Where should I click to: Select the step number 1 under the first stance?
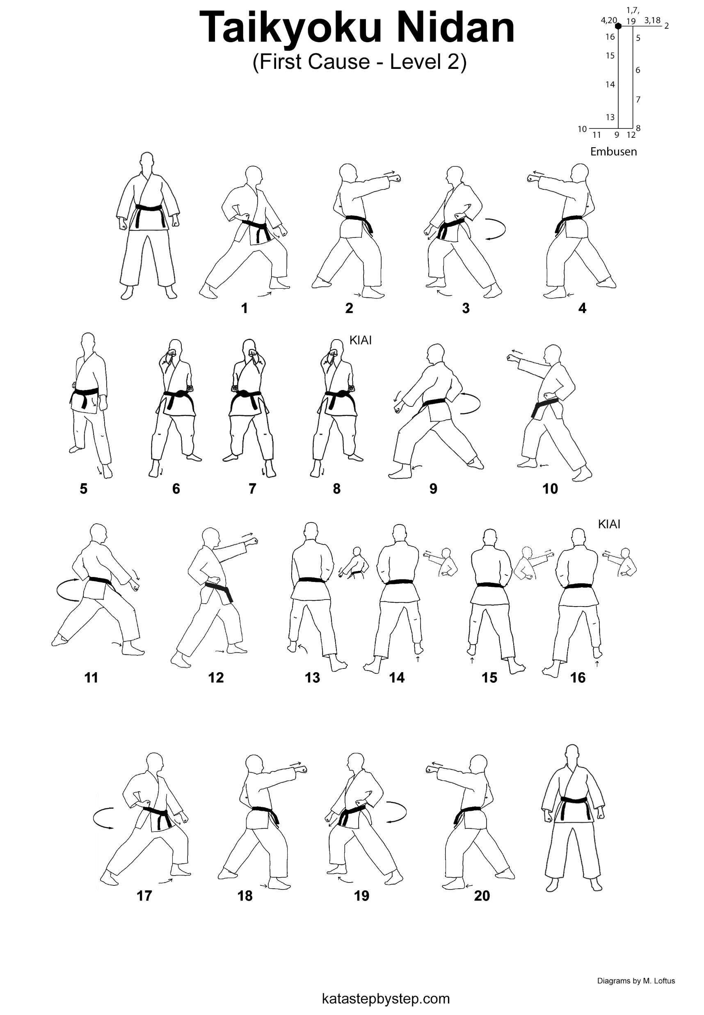245,308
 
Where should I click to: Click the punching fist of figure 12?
253,541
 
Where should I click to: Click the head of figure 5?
89,342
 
